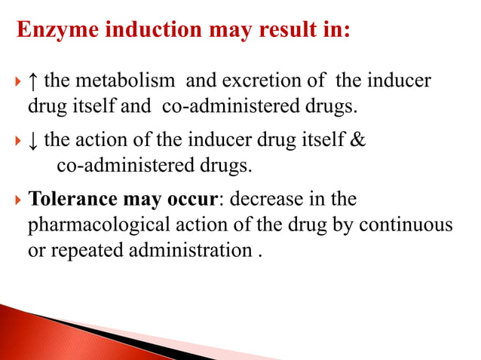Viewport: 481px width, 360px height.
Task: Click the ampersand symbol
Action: [358, 139]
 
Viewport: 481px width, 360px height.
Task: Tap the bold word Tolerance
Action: [70, 201]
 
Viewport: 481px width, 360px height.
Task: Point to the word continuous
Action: [409, 226]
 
